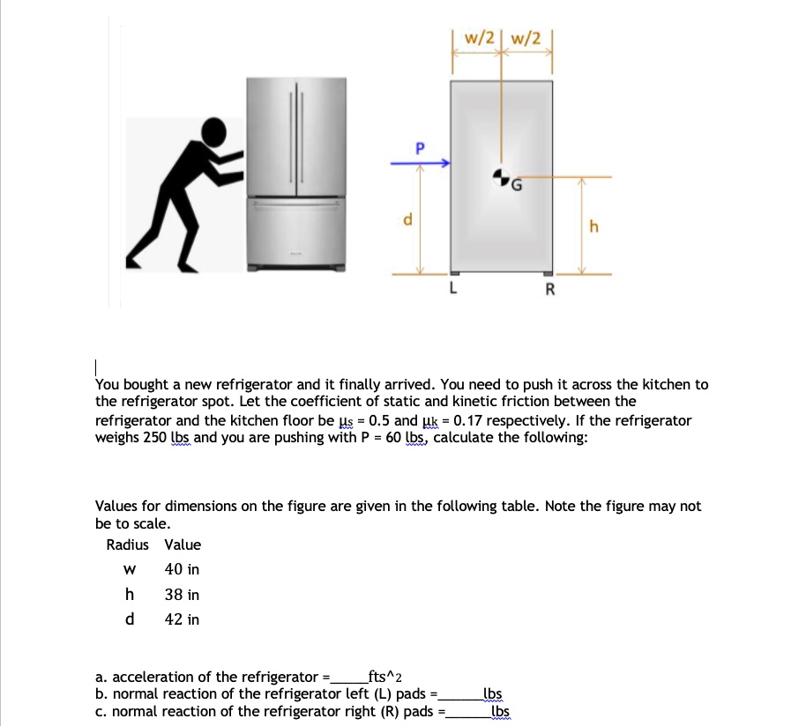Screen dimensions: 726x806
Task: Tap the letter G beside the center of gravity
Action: click(517, 186)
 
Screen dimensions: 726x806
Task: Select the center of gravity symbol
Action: click(501, 175)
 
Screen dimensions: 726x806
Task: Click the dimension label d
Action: click(407, 219)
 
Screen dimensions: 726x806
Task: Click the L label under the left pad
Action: click(453, 286)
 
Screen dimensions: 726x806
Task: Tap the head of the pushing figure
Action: click(215, 133)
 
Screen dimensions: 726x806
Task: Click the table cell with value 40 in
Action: click(182, 570)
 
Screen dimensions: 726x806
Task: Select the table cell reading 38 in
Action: click(182, 595)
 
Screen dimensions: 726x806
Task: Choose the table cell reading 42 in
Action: click(182, 619)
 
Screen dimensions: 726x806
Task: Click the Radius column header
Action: click(128, 544)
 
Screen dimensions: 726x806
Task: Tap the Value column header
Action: click(183, 544)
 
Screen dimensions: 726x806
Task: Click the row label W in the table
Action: click(130, 570)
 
